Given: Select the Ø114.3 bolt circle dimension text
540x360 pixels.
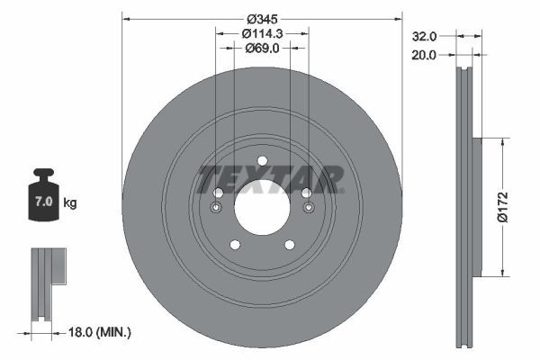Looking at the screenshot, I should (x=262, y=33).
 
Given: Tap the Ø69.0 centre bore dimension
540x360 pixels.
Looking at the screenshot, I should (x=262, y=49).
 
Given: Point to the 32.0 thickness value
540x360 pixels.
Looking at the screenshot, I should (x=424, y=37).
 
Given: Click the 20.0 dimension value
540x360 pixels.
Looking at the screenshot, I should (x=424, y=54).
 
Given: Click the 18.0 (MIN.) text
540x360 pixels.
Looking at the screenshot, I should (x=100, y=333).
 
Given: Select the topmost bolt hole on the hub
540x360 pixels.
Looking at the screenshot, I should (x=262, y=162).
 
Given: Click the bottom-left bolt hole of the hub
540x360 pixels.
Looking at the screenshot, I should (x=234, y=245).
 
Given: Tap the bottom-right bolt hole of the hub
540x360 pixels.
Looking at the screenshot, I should (x=290, y=245).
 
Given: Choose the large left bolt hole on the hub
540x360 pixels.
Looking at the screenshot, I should (x=217, y=193).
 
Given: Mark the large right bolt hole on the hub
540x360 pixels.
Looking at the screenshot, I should (x=307, y=193).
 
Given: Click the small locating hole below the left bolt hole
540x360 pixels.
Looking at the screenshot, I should (x=214, y=210).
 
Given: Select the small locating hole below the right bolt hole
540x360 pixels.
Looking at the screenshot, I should (x=310, y=210).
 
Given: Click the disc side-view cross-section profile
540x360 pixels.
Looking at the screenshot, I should (x=465, y=207).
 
